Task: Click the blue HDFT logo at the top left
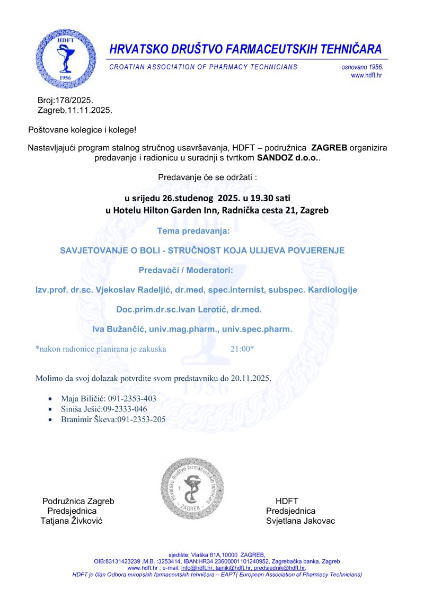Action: point(66,58)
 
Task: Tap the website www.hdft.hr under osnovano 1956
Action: point(366,76)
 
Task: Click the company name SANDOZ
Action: point(275,158)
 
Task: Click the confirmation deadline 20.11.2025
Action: point(251,379)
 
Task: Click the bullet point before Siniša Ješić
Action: point(50,409)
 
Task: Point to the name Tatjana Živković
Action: point(72,521)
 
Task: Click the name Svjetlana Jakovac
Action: point(301,521)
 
